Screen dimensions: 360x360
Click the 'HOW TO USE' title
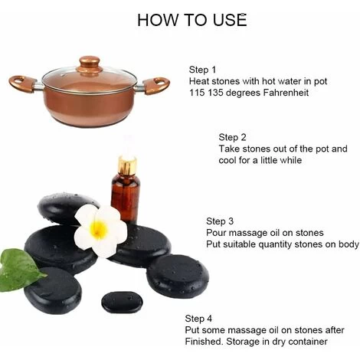(192, 20)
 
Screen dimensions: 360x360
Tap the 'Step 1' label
(202, 70)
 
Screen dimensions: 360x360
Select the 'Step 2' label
(232, 137)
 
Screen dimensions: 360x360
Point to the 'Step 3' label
(220, 221)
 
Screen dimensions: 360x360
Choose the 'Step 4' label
(198, 319)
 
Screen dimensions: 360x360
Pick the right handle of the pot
(156, 86)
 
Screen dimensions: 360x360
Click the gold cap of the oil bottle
(127, 165)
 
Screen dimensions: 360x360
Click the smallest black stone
(122, 303)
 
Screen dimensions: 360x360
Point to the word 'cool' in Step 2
(227, 160)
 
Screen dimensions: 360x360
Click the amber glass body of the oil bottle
(126, 198)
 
